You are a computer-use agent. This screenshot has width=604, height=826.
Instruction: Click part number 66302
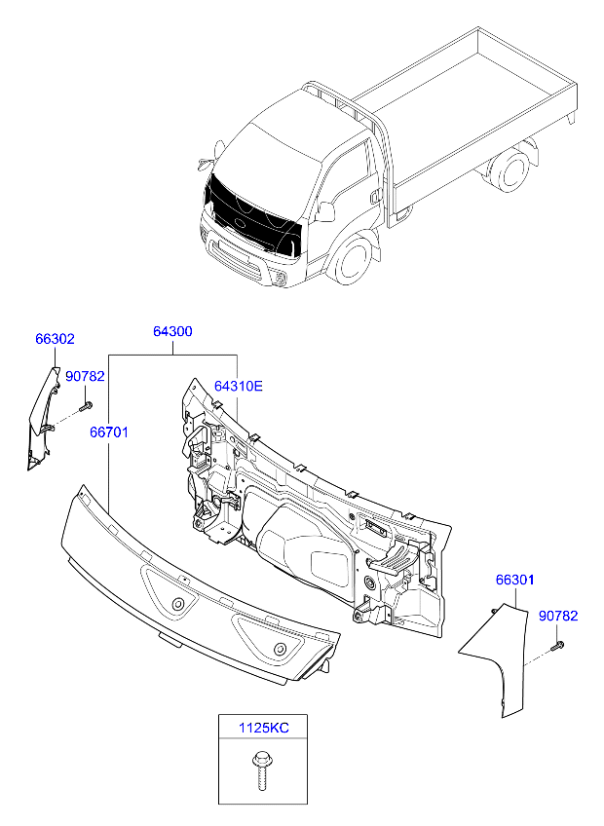click(55, 340)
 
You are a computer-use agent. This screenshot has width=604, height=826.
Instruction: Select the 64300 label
click(172, 331)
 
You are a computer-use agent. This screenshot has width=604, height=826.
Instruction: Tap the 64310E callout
click(239, 386)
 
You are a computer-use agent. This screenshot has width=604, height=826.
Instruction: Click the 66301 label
click(515, 581)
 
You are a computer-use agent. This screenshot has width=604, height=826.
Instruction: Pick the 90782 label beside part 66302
click(85, 376)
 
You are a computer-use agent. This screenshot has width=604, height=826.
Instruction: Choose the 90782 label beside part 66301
click(558, 616)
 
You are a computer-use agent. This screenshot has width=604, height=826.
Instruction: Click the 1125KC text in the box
click(265, 728)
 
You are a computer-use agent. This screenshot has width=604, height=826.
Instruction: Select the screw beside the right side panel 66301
click(558, 643)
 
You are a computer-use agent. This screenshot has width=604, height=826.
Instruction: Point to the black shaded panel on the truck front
click(252, 220)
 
